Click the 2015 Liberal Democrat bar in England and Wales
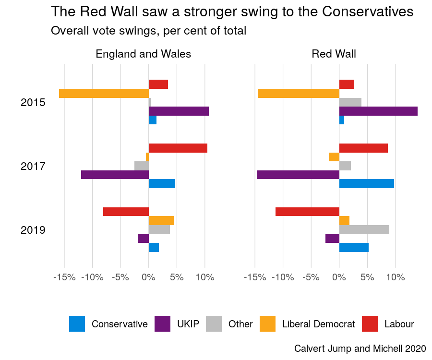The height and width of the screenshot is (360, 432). (x=104, y=93)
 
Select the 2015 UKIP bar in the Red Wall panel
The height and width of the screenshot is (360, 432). (x=378, y=111)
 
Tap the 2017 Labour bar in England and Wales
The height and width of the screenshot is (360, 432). (x=178, y=148)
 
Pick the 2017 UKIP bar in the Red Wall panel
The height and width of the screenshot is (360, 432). (x=298, y=175)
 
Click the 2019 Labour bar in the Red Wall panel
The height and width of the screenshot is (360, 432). (x=307, y=212)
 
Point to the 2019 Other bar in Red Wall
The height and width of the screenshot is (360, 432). (x=364, y=230)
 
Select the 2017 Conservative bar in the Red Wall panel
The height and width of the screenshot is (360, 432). (x=367, y=184)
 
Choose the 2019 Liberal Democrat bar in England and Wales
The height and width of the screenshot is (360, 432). (x=161, y=221)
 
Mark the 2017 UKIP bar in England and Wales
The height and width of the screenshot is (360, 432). (x=115, y=175)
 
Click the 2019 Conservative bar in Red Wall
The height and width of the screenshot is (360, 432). (x=354, y=248)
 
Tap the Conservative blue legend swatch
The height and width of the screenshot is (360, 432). (x=77, y=324)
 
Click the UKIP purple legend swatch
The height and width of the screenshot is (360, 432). (x=163, y=324)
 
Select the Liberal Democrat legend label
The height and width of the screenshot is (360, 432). (x=318, y=324)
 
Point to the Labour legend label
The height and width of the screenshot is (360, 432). (x=399, y=324)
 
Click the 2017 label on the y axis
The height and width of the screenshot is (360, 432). (x=33, y=167)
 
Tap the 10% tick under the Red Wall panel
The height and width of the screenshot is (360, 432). (x=396, y=277)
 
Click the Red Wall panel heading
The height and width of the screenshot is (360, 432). (x=334, y=54)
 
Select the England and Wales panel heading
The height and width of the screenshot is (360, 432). (x=144, y=54)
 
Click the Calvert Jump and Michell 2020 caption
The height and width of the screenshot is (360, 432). (x=360, y=348)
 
